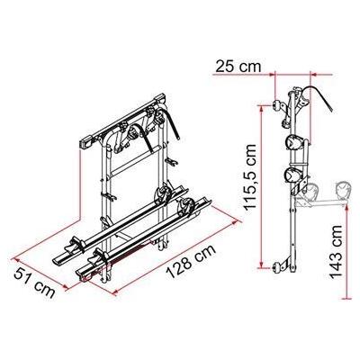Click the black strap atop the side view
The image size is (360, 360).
[315, 90]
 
